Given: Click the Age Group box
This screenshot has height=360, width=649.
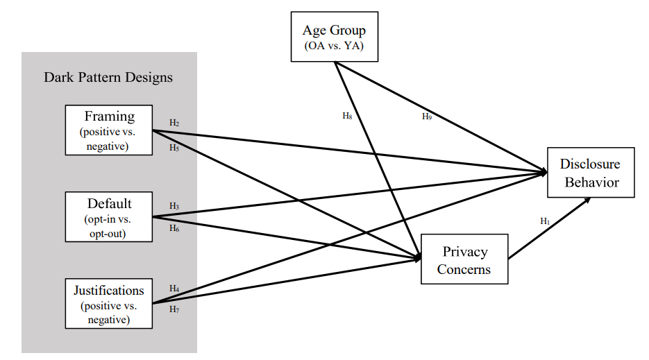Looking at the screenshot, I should [335, 37].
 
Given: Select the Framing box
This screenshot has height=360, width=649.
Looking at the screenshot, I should [108, 129].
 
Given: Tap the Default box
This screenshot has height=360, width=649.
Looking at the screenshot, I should [108, 216].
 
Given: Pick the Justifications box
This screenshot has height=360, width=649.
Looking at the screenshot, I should [108, 303].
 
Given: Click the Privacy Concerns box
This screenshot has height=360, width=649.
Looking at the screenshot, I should [464, 259].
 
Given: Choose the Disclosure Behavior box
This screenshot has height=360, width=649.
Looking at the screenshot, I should [590, 173].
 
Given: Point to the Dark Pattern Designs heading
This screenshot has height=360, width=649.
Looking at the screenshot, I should [108, 77].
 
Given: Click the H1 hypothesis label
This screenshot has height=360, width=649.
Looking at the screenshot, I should [545, 221].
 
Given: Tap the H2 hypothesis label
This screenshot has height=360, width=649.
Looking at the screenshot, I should [174, 123].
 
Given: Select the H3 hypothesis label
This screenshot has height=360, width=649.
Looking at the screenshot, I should [174, 206].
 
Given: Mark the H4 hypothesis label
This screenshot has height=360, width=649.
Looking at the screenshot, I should [174, 289].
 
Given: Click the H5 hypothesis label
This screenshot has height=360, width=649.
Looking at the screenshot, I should [174, 147].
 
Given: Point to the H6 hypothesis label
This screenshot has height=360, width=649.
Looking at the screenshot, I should [174, 228].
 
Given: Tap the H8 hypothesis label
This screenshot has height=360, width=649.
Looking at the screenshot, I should [348, 117].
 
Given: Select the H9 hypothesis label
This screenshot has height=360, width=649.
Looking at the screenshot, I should [427, 117].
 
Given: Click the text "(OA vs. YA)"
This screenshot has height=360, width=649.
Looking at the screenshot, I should [334, 46].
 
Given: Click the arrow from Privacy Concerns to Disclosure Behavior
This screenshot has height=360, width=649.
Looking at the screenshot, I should [549, 229].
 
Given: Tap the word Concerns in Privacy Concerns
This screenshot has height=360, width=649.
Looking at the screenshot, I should [464, 269].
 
